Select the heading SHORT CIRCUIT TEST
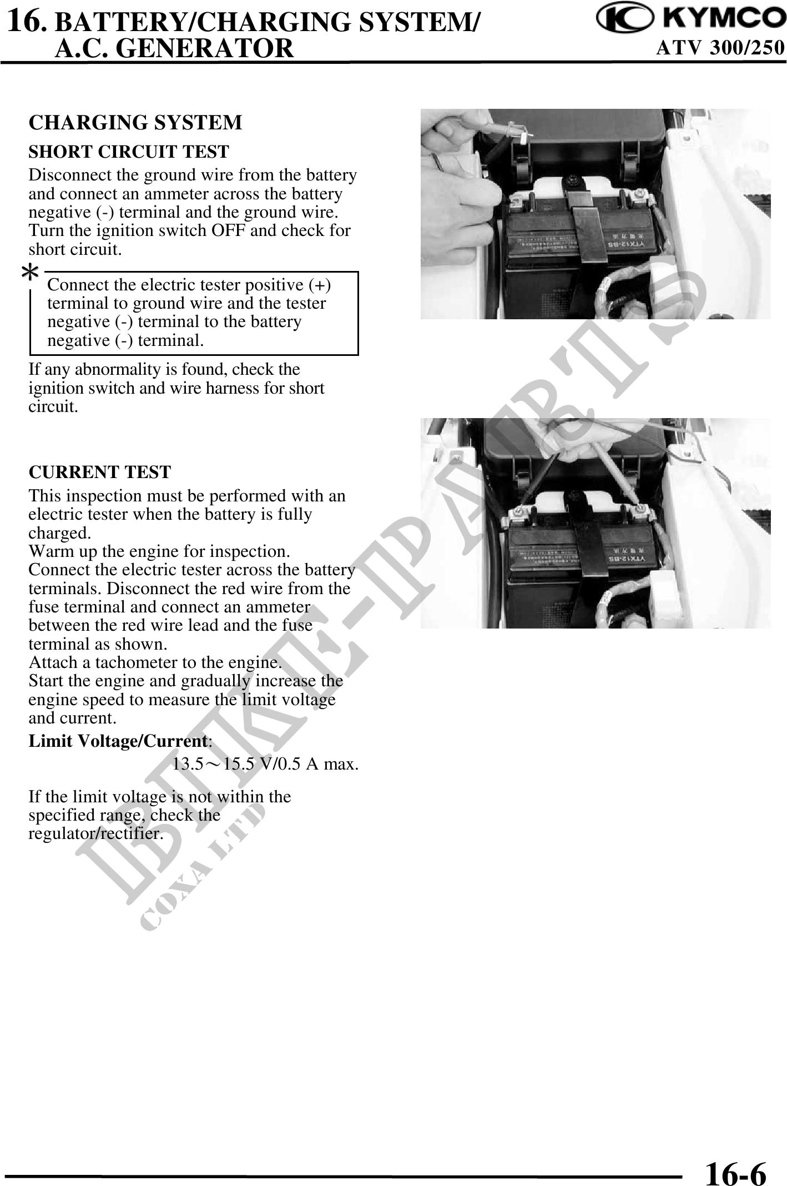tap(129, 152)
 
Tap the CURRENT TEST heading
tap(100, 472)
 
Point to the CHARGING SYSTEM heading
tap(135, 123)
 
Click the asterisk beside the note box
tap(31, 274)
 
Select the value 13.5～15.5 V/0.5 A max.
tap(265, 764)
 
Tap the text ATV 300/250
tap(721, 48)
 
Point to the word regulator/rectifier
tap(95, 833)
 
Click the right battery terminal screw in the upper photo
tap(642, 193)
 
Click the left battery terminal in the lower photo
tap(520, 511)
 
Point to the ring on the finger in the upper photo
tap(438, 163)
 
